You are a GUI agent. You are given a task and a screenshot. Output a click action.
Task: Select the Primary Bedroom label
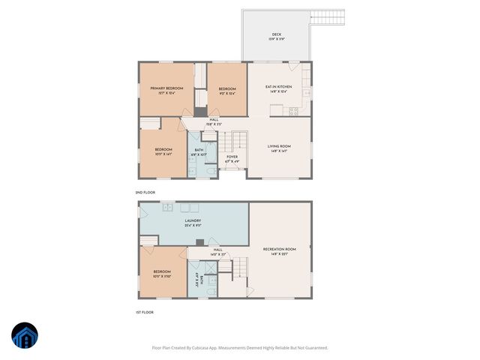[x=166, y=88]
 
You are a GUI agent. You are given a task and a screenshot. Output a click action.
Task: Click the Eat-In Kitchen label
[x=278, y=88]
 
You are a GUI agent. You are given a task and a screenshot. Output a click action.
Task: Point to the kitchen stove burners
[x=293, y=111]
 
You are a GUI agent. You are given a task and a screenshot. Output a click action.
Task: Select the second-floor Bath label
[x=199, y=150]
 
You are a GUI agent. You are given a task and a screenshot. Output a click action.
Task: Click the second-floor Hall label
[x=214, y=120]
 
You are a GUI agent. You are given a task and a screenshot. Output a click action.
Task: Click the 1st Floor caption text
[x=144, y=312]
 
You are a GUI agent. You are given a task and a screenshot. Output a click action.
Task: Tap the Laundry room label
[x=193, y=220]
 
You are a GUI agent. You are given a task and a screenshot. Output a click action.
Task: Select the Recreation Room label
[x=279, y=249]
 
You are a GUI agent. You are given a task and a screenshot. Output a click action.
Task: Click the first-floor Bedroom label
[x=163, y=271]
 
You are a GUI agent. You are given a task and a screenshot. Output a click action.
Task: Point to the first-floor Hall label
[x=217, y=250]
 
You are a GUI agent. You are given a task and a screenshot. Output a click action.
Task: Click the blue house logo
[x=24, y=336]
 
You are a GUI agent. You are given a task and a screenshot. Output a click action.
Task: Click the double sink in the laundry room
[x=168, y=207]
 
